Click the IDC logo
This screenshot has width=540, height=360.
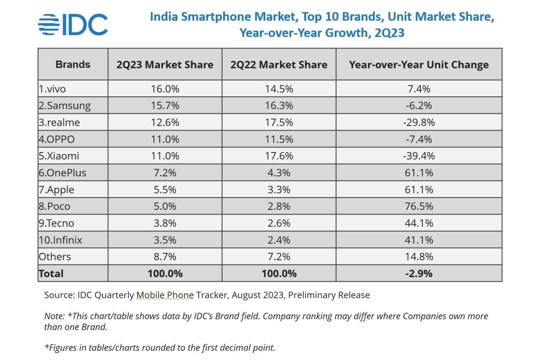[x=73, y=24]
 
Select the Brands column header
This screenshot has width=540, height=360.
[x=73, y=64]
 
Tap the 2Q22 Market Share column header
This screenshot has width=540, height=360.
[x=279, y=64]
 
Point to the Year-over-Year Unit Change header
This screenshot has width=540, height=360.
[x=418, y=64]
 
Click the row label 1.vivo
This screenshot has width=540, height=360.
[x=52, y=89]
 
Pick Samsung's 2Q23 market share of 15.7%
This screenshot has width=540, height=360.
[x=165, y=106]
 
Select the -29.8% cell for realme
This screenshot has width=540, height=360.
[x=418, y=122]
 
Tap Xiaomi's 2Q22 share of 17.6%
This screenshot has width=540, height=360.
[x=279, y=156]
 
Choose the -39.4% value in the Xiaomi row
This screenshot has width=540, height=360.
[x=418, y=156]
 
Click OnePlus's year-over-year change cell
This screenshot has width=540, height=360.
[x=418, y=173]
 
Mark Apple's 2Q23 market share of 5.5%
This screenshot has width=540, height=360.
[x=165, y=189]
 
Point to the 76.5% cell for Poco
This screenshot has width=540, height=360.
[x=418, y=206]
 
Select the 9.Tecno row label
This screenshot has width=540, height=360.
[x=56, y=223]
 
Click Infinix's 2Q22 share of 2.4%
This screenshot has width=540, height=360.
[x=279, y=240]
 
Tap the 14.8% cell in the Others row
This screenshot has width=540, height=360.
[x=418, y=256]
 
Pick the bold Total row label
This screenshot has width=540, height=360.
[x=51, y=273]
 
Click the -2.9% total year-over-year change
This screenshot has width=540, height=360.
[x=418, y=273]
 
